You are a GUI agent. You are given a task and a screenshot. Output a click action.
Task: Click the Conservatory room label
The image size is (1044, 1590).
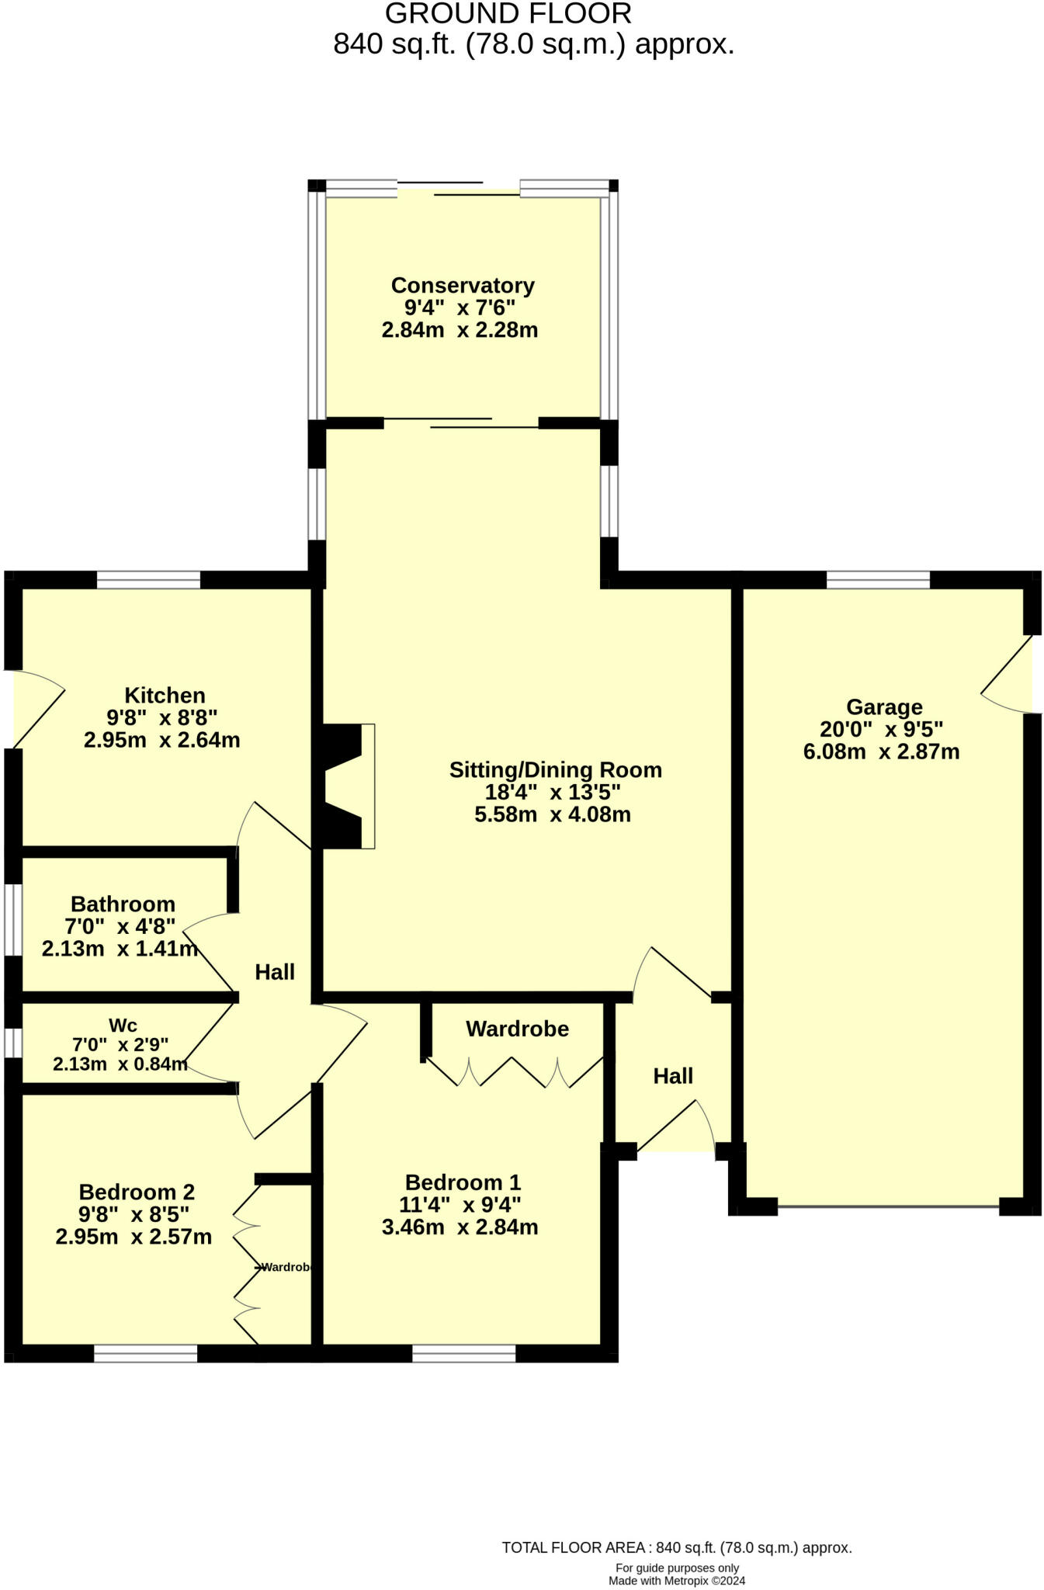(463, 286)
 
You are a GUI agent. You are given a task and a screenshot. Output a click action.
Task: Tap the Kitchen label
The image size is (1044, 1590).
(165, 695)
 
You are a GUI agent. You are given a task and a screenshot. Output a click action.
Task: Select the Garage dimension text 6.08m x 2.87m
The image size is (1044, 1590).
(881, 752)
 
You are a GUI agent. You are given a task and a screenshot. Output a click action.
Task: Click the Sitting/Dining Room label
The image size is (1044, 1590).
(555, 770)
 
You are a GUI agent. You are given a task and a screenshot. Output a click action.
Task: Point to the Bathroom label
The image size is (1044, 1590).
(123, 904)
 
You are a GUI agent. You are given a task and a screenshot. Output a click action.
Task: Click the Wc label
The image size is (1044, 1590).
(123, 1026)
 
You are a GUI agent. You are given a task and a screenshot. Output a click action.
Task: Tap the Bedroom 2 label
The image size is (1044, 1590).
(137, 1192)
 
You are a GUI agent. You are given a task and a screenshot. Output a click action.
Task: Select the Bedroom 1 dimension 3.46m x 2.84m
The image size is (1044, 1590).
(460, 1227)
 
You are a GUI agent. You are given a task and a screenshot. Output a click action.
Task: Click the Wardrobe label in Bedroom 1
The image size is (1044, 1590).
(517, 1029)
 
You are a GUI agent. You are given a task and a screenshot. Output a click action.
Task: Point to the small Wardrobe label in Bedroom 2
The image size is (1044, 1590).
(286, 1267)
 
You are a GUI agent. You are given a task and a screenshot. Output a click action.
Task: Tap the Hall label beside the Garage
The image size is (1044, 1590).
(672, 1076)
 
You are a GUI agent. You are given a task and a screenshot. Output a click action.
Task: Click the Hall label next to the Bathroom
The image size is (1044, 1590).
(275, 972)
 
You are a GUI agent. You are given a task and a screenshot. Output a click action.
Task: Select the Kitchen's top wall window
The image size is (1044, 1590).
(148, 579)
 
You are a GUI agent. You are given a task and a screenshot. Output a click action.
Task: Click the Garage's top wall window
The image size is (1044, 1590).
(878, 579)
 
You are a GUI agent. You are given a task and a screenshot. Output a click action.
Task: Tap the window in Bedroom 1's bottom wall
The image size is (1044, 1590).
(463, 1354)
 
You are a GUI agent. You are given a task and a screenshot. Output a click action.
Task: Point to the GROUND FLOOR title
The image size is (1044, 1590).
(508, 14)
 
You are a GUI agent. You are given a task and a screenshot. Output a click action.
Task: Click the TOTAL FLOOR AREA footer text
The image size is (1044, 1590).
(676, 1547)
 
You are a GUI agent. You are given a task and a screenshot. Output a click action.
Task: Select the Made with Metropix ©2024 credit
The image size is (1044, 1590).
(676, 1581)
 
